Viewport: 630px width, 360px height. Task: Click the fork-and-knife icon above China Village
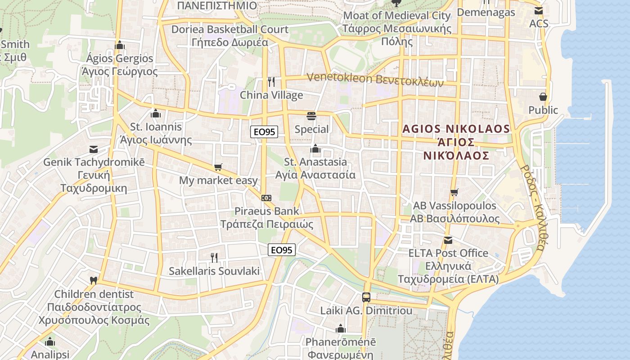tap(271, 81)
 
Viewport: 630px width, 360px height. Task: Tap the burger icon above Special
tap(311, 116)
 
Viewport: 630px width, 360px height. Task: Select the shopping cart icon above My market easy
tap(218, 167)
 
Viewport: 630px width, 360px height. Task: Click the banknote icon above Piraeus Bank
tap(266, 198)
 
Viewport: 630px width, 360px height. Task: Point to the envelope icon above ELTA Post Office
tap(448, 240)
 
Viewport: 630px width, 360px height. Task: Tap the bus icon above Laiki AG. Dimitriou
tap(366, 297)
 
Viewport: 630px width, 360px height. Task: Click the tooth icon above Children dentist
tap(94, 280)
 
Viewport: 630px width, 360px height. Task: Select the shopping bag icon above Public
tap(543, 97)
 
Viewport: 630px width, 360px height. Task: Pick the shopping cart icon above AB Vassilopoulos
tap(454, 193)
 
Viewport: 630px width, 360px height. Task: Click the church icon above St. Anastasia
tap(315, 148)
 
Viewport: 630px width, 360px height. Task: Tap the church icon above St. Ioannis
tap(156, 113)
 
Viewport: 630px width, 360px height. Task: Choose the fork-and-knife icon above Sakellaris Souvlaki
tap(214, 257)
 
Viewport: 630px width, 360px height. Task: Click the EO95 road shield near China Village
tap(264, 132)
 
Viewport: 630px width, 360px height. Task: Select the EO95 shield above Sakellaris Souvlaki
tap(282, 250)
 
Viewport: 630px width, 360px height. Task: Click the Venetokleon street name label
tap(375, 80)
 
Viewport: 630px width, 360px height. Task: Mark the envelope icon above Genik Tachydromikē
tap(94, 149)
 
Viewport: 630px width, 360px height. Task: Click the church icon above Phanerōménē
tap(341, 328)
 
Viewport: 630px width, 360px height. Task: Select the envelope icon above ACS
tap(538, 11)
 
